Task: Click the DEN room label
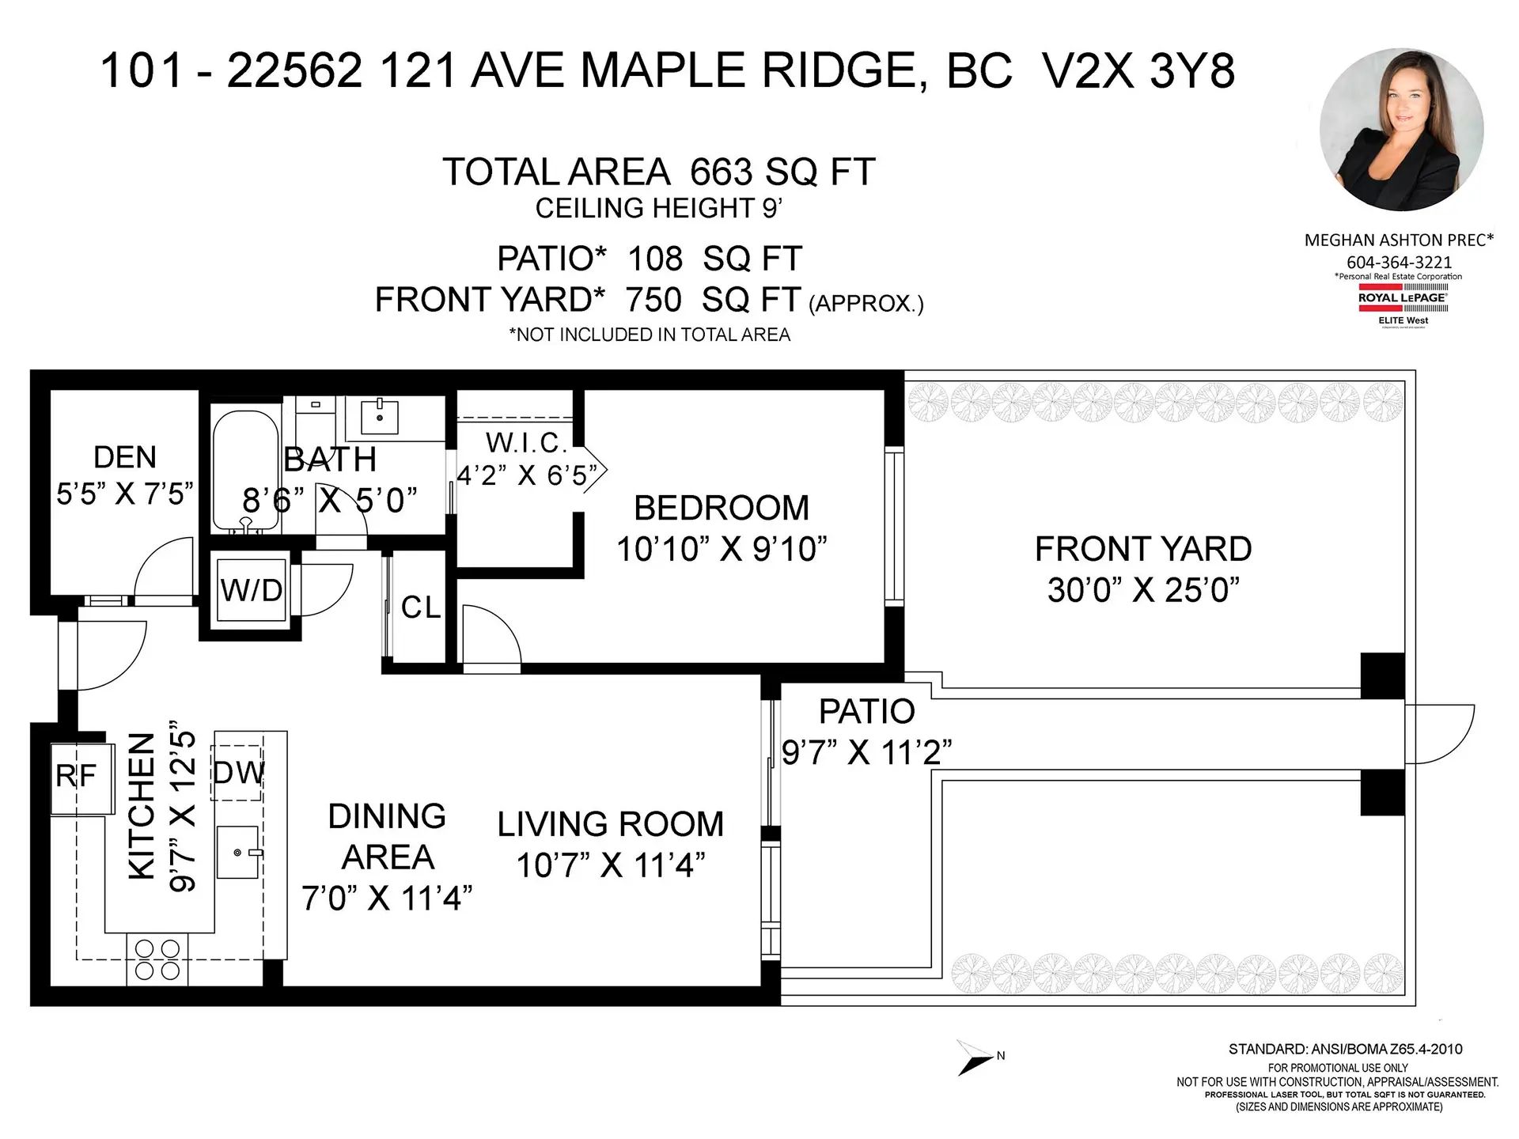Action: (124, 457)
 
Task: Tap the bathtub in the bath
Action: (245, 467)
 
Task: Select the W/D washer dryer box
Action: (252, 590)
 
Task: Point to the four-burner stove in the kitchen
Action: (157, 959)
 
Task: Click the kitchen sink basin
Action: (238, 853)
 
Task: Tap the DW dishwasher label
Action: (238, 773)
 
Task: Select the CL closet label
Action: (420, 607)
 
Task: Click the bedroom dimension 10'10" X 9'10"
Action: (721, 549)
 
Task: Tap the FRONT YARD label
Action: (1142, 549)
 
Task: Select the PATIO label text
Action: (866, 711)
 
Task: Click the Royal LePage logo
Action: (1403, 305)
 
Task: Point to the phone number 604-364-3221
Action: (1399, 262)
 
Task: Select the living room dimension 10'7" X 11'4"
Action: (610, 865)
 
